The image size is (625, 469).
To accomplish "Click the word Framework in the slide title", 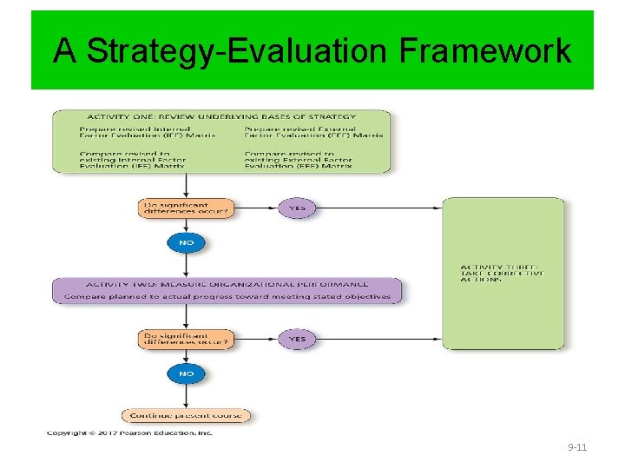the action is (x=485, y=51).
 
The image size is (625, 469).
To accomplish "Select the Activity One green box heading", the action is (x=221, y=116).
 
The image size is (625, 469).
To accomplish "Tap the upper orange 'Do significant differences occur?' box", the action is (x=186, y=208).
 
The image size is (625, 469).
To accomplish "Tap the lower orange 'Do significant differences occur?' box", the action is (x=186, y=339).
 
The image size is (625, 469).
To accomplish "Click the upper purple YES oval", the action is (x=297, y=208).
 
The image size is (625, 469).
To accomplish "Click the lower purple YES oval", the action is (x=297, y=339).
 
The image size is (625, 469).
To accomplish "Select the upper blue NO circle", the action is (x=186, y=242).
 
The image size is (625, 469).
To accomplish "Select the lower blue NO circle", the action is (x=186, y=373).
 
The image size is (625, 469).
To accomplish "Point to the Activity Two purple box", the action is (x=227, y=290).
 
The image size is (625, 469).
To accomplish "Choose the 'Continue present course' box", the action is (x=186, y=415).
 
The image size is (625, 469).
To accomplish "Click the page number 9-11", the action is (x=577, y=447).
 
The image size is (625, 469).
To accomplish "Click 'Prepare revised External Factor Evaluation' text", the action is (x=313, y=133).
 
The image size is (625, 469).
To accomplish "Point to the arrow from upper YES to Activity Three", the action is (x=378, y=208).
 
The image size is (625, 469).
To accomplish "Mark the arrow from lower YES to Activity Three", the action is (x=378, y=339).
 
